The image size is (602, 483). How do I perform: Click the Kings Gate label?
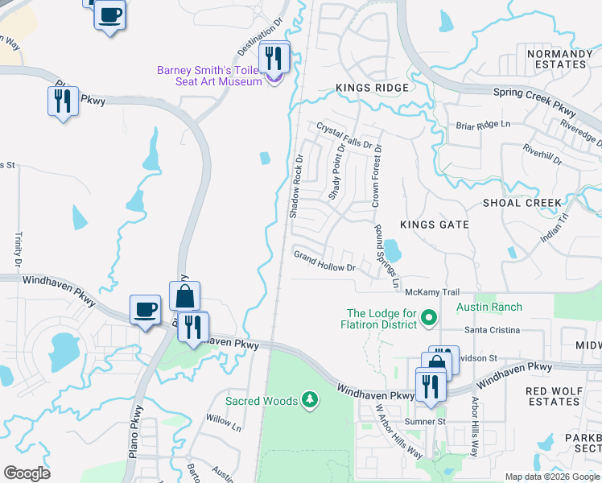coord(434,225)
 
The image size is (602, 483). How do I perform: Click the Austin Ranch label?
coord(489,308)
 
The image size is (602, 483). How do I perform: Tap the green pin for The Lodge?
coord(429,319)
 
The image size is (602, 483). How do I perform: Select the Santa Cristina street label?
coord(493,330)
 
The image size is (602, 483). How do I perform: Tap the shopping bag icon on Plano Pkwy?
coord(184,296)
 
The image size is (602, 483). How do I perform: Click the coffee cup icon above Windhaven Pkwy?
coord(146,309)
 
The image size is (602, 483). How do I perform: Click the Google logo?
coord(27,473)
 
